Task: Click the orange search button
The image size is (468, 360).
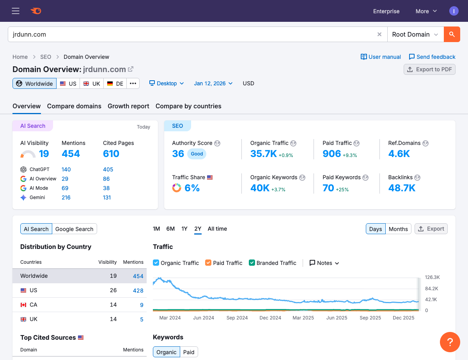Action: point(452,34)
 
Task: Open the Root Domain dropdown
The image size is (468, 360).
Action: point(415,34)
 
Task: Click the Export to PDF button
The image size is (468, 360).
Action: point(429,69)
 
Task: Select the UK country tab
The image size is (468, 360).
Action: point(92,83)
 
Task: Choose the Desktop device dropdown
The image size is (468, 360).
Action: point(167,83)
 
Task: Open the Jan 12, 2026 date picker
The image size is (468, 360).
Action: point(213,83)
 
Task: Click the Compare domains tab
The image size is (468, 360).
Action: point(74,106)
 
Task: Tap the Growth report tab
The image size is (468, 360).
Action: point(128,106)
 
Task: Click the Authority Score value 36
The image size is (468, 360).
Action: point(178,154)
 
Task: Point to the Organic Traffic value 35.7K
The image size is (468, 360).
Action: point(263,154)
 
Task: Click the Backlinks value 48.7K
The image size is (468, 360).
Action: point(402,188)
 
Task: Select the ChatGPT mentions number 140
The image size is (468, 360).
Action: point(66,169)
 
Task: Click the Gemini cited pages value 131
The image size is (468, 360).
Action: point(107,198)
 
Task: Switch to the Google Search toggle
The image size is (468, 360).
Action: point(74,229)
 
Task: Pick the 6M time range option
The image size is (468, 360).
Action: point(170,229)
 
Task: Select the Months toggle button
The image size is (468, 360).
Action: point(398,229)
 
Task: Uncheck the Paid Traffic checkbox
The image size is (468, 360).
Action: point(208,263)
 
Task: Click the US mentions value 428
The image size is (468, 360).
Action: point(138,290)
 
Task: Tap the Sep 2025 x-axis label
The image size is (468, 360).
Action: point(370,318)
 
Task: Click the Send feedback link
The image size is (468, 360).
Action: point(432,57)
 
